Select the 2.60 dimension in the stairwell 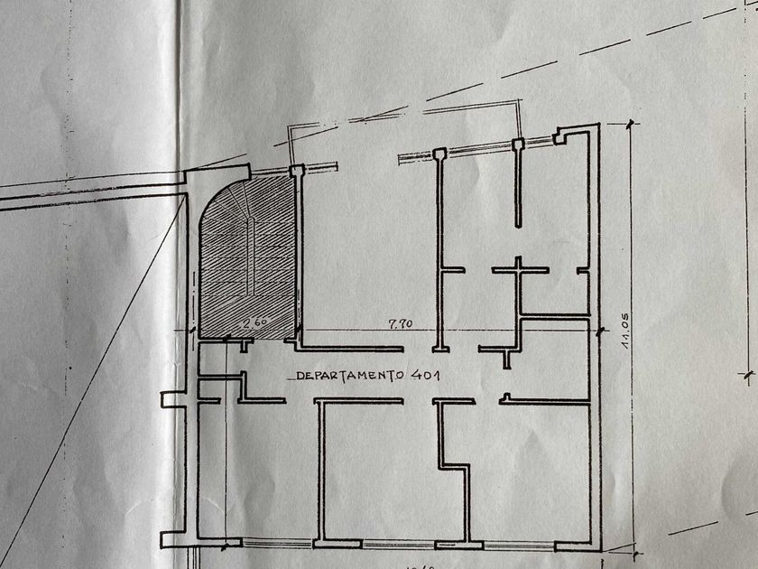[256, 322]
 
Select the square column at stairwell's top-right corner [296, 170]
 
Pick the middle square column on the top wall [439, 154]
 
